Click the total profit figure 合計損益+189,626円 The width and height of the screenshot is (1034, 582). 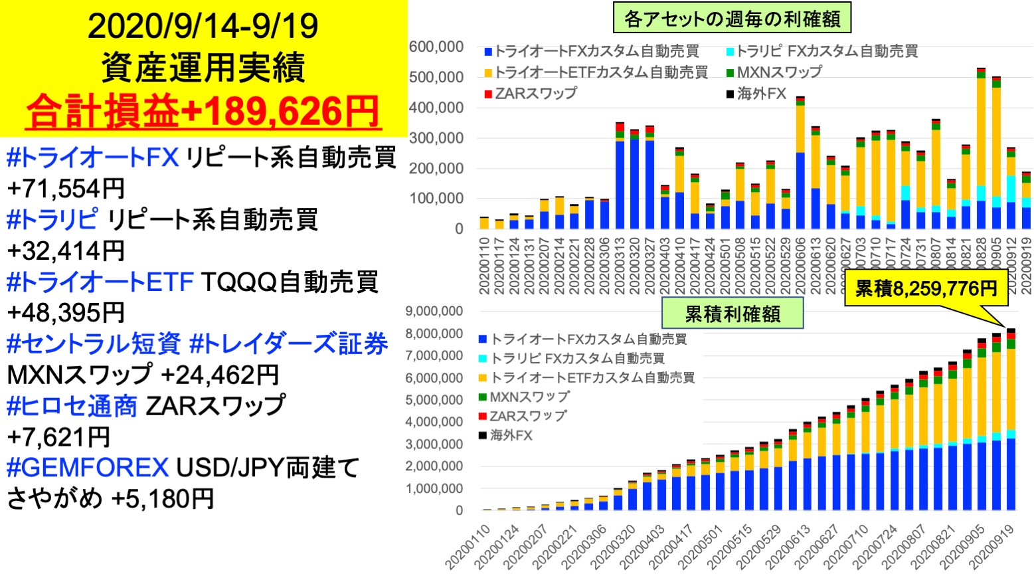(203, 111)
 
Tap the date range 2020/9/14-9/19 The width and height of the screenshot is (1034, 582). (203, 26)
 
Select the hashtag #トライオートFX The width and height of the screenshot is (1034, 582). (92, 157)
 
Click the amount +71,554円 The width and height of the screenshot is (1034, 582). (66, 189)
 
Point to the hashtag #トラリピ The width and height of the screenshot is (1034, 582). (52, 219)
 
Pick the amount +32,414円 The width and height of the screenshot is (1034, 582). (66, 250)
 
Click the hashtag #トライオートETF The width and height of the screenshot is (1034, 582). (100, 282)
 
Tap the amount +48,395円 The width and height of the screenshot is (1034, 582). (66, 312)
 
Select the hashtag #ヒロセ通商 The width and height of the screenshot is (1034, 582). (72, 405)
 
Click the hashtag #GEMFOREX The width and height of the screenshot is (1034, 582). (87, 468)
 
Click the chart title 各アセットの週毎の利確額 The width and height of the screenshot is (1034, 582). (732, 19)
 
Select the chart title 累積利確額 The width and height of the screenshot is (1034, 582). (732, 314)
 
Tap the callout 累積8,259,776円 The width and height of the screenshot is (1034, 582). (926, 288)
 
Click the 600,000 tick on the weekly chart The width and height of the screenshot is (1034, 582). (436, 47)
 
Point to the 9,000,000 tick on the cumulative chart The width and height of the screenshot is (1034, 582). (434, 311)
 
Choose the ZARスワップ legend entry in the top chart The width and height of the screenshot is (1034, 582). (531, 94)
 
